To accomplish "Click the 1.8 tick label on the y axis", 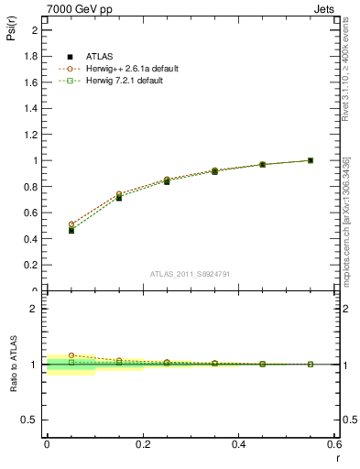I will click(31, 56).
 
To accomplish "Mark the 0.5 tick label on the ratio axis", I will click(31, 420).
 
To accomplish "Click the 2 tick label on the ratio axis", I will click(34, 309).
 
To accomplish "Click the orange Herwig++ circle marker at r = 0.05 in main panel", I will click(71, 224).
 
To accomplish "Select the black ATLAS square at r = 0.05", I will click(71, 231).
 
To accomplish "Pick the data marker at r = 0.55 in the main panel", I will click(311, 160).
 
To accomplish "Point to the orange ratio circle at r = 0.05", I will click(71, 355).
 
